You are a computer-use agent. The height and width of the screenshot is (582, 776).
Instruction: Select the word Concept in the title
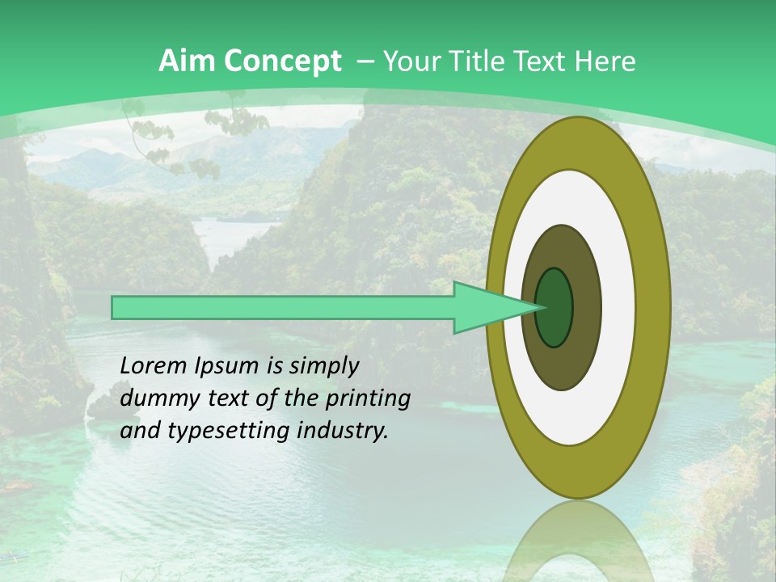[x=283, y=62]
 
